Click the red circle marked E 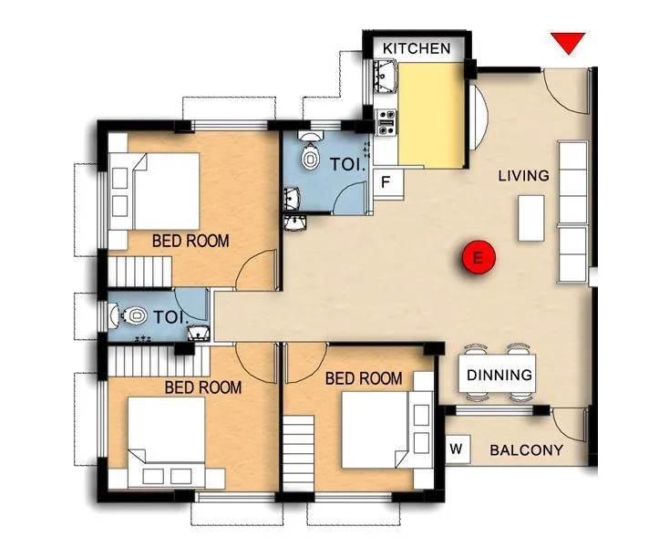coord(478,258)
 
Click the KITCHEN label coord(416,48)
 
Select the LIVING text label coord(523,175)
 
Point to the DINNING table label coord(499,375)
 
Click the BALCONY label coord(526,450)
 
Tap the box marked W coord(456,449)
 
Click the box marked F coord(386,182)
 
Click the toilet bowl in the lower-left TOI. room coord(133,316)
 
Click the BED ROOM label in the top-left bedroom coord(190,241)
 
